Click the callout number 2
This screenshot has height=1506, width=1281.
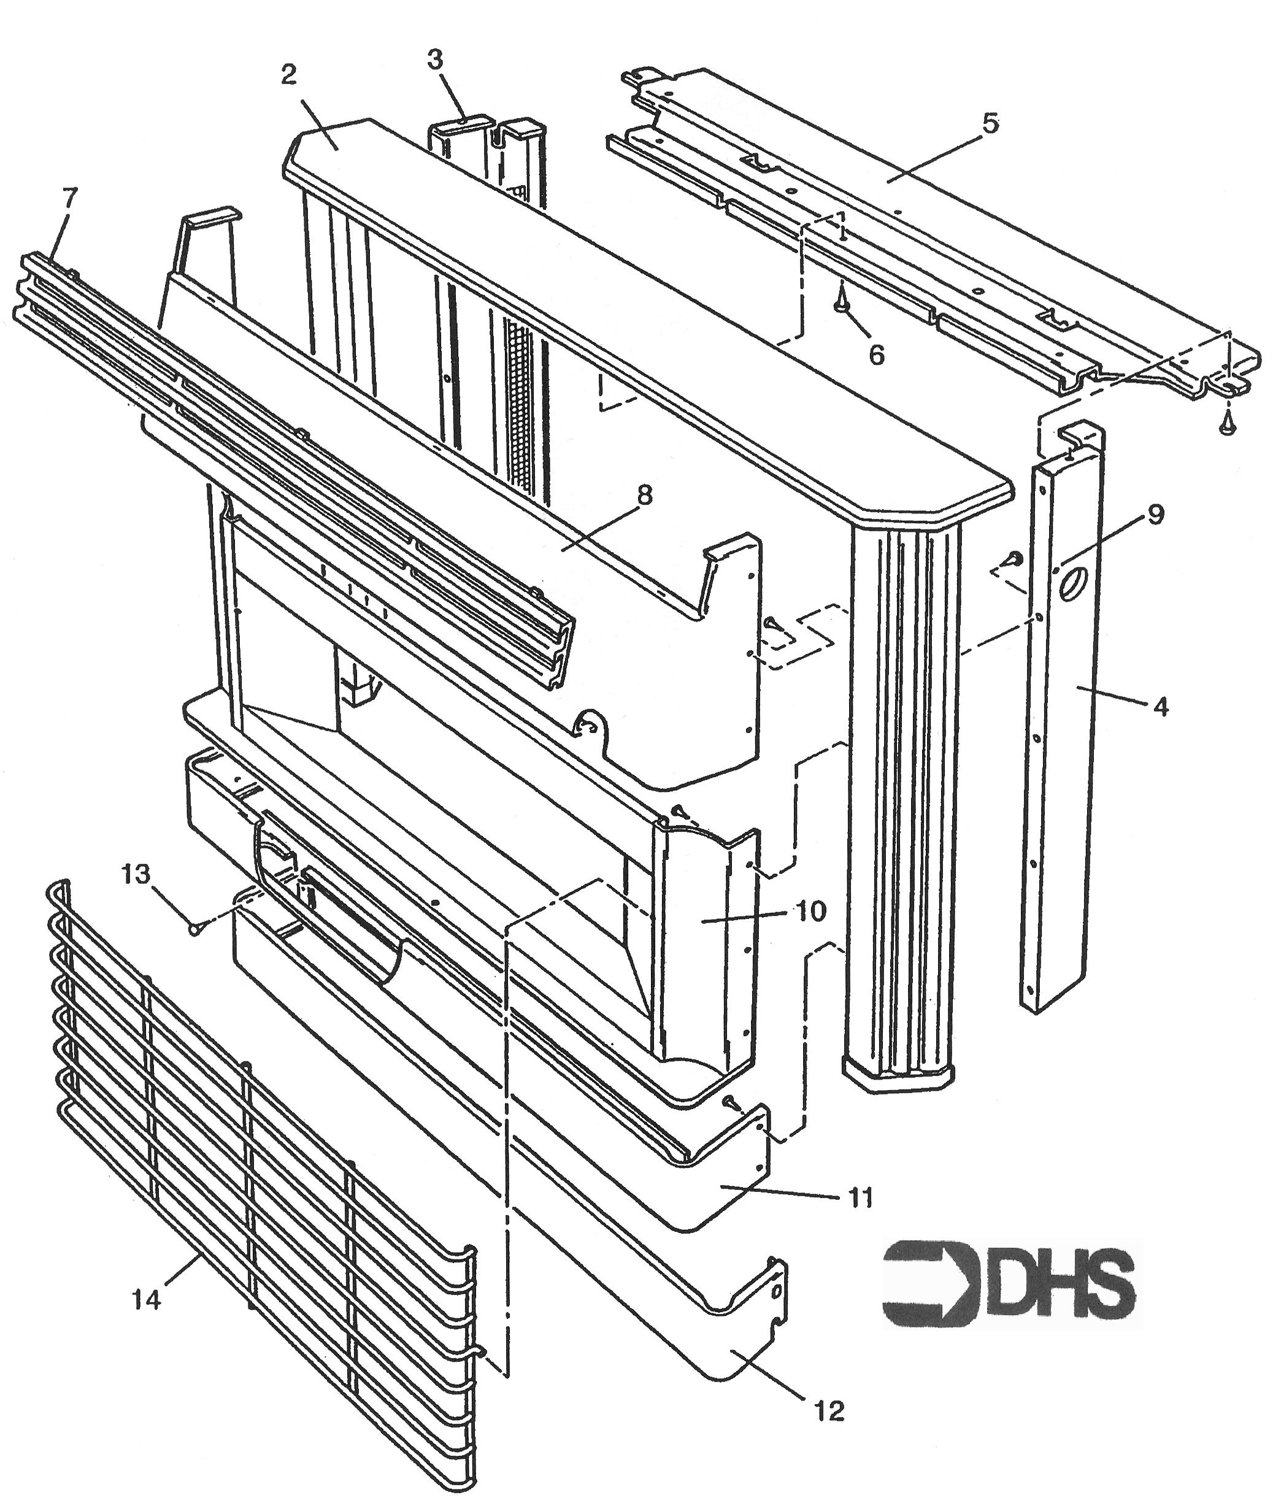click(x=289, y=75)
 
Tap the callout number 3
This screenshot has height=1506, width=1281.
click(x=436, y=60)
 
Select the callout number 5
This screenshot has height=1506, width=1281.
click(x=991, y=123)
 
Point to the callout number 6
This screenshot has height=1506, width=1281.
click(x=877, y=355)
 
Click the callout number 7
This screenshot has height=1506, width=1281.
click(x=70, y=198)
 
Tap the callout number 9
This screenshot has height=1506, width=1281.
click(x=1156, y=514)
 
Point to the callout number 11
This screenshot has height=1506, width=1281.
click(x=861, y=1197)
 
